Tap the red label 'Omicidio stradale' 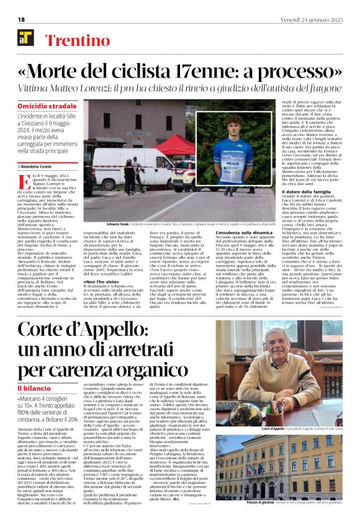[x=47, y=107]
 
